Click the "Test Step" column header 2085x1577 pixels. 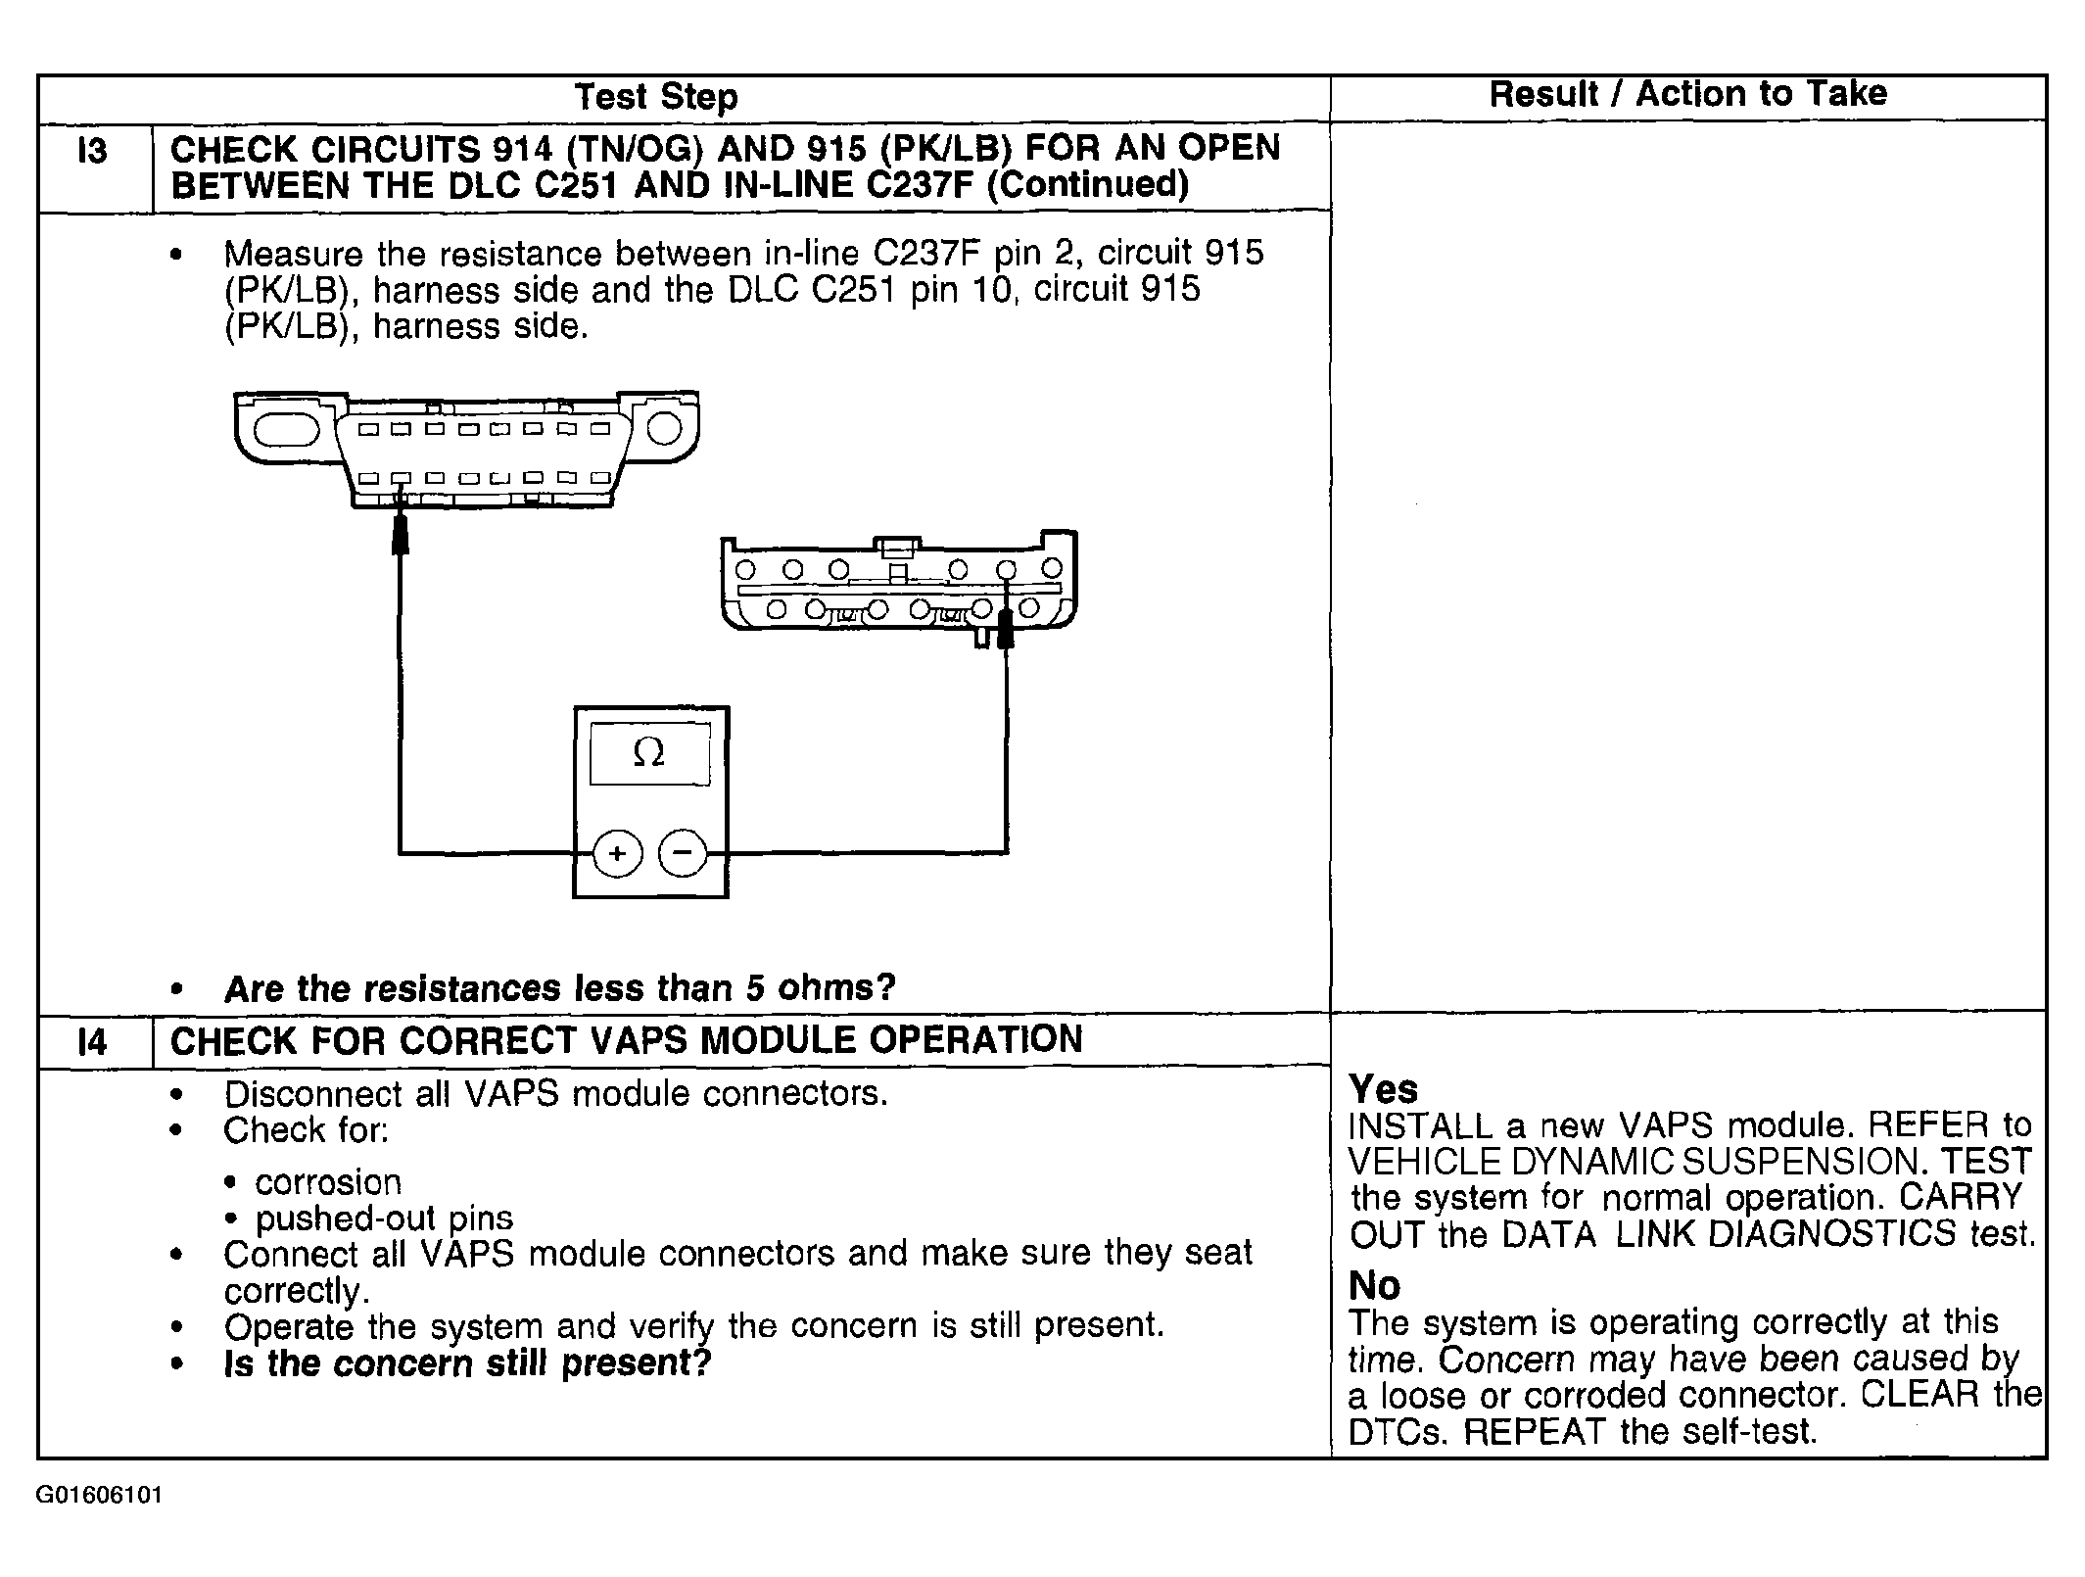pyautogui.click(x=656, y=97)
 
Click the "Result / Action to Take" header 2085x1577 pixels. pyautogui.click(x=1687, y=94)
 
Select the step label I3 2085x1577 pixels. pyautogui.click(x=92, y=152)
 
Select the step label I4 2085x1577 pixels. pyautogui.click(x=92, y=1041)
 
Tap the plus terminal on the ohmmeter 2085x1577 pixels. pyautogui.click(x=617, y=853)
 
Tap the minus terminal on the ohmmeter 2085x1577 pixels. pyautogui.click(x=683, y=852)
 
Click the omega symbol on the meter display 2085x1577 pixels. pyautogui.click(x=649, y=752)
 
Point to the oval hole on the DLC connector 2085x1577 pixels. pyautogui.click(x=287, y=430)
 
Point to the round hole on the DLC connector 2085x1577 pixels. pyautogui.click(x=664, y=428)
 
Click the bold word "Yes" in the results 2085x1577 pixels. pyautogui.click(x=1383, y=1089)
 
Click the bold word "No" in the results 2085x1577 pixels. pyautogui.click(x=1375, y=1285)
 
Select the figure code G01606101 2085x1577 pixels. pyautogui.click(x=99, y=1496)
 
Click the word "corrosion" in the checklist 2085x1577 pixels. pyautogui.click(x=328, y=1182)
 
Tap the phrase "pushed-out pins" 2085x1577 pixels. pyautogui.click(x=384, y=1219)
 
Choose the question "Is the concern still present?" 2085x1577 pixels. pyautogui.click(x=467, y=1362)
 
